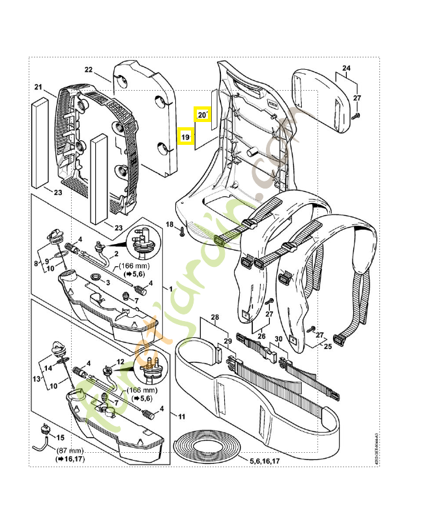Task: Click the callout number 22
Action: [x=89, y=70]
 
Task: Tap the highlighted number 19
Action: [x=185, y=137]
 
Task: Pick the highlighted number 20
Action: [x=202, y=115]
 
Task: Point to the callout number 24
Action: [x=346, y=69]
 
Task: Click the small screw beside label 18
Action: [x=184, y=229]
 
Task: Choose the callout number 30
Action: [x=276, y=339]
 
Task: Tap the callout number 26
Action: [x=263, y=337]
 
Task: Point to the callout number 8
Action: [x=37, y=264]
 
